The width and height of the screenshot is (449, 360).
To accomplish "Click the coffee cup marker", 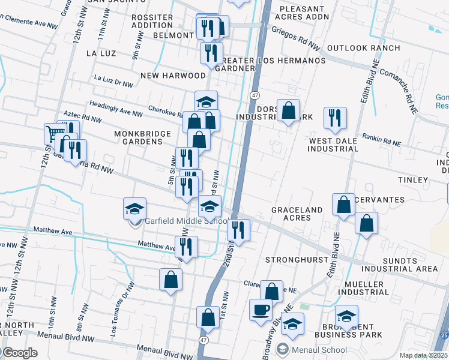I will point(261,310).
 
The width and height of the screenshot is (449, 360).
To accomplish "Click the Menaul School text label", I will point(319,350).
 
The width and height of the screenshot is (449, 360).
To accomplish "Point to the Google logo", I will point(20,353).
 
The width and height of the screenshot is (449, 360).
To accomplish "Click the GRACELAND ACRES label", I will point(297,214).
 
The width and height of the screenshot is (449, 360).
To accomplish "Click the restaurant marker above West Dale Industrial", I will point(335,118).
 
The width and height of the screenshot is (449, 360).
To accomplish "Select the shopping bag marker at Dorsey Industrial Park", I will point(288,110).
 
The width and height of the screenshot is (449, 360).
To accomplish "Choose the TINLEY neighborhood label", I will point(413,180).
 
